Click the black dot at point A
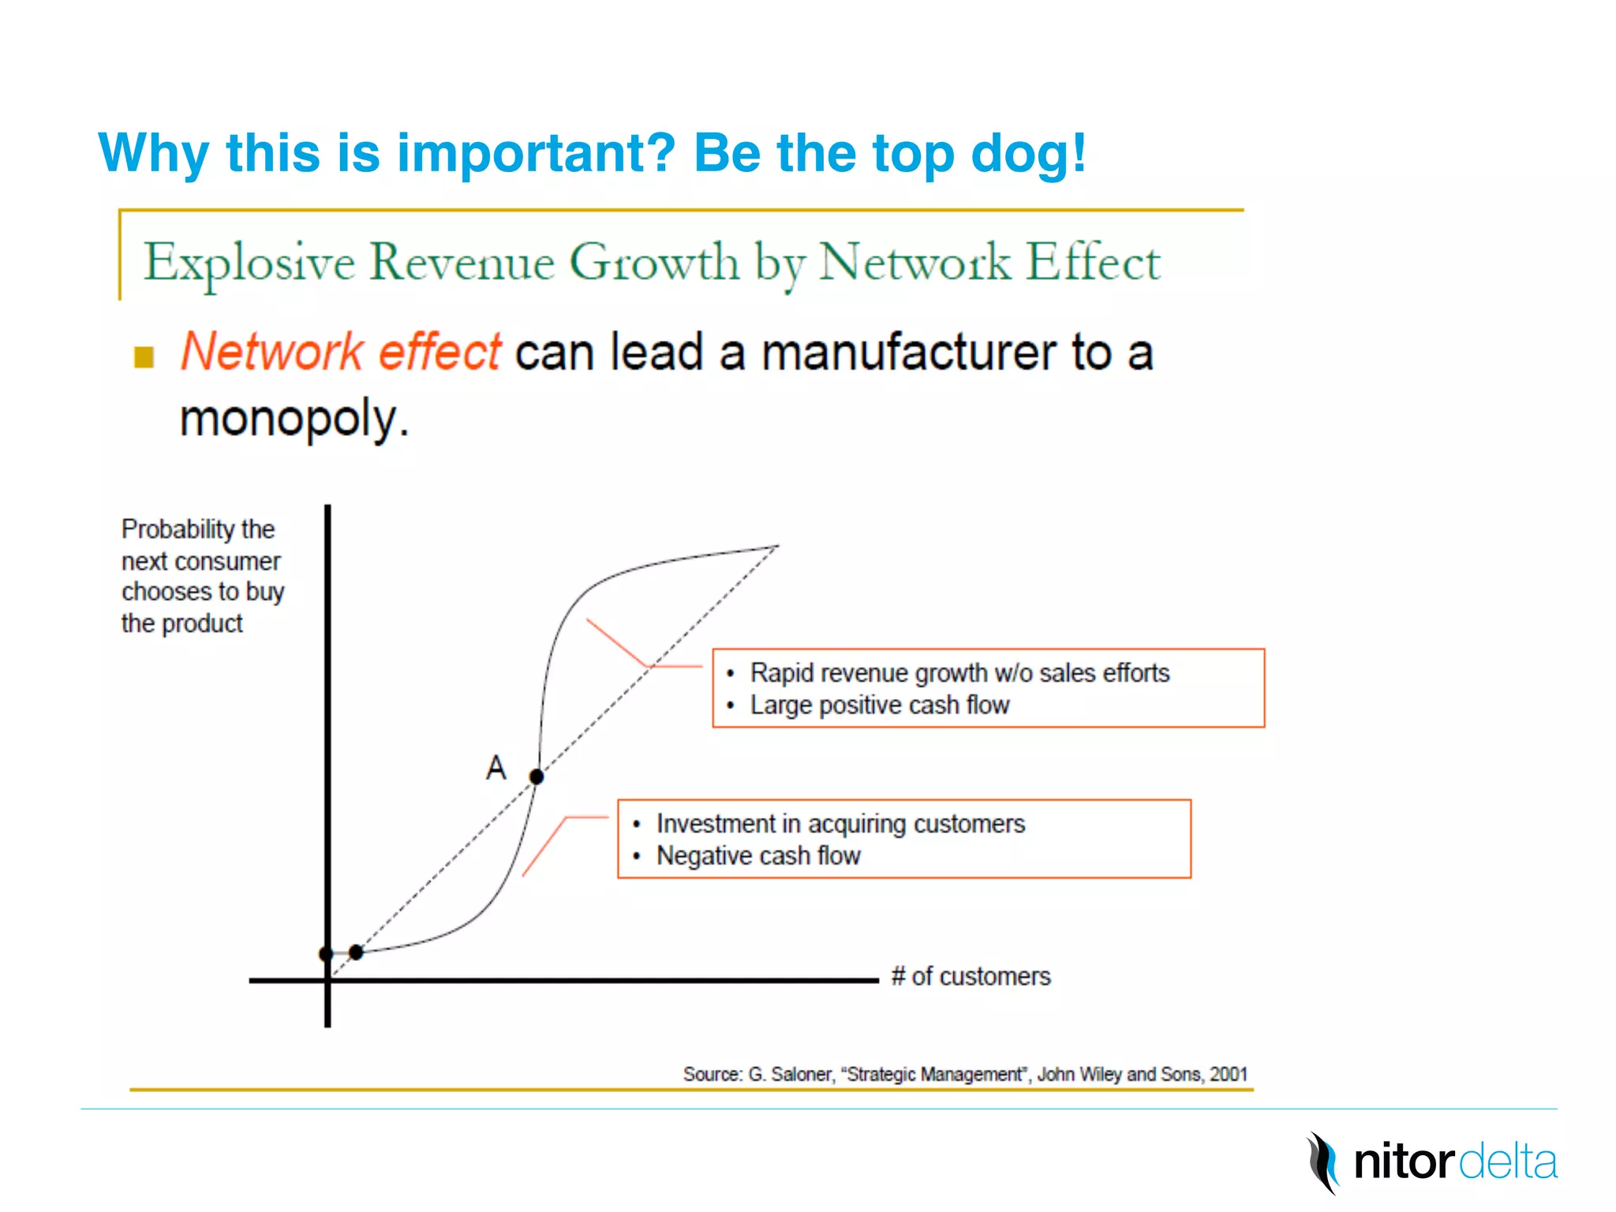click(x=537, y=777)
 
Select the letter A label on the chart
click(x=496, y=768)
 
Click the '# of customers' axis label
click(x=971, y=977)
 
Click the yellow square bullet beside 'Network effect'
click(x=144, y=357)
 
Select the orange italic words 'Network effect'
click(x=341, y=351)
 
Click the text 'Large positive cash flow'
click(x=879, y=705)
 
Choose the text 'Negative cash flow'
click(x=757, y=855)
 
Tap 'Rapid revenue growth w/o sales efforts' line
click(x=959, y=673)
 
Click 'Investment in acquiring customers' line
click(x=840, y=824)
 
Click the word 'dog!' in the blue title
click(x=1029, y=152)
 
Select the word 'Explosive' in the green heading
click(x=249, y=263)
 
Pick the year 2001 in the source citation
click(x=1229, y=1075)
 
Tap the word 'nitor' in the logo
click(x=1403, y=1162)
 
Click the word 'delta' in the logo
click(x=1508, y=1162)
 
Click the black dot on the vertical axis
click(x=327, y=954)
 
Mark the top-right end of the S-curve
click(x=777, y=546)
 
